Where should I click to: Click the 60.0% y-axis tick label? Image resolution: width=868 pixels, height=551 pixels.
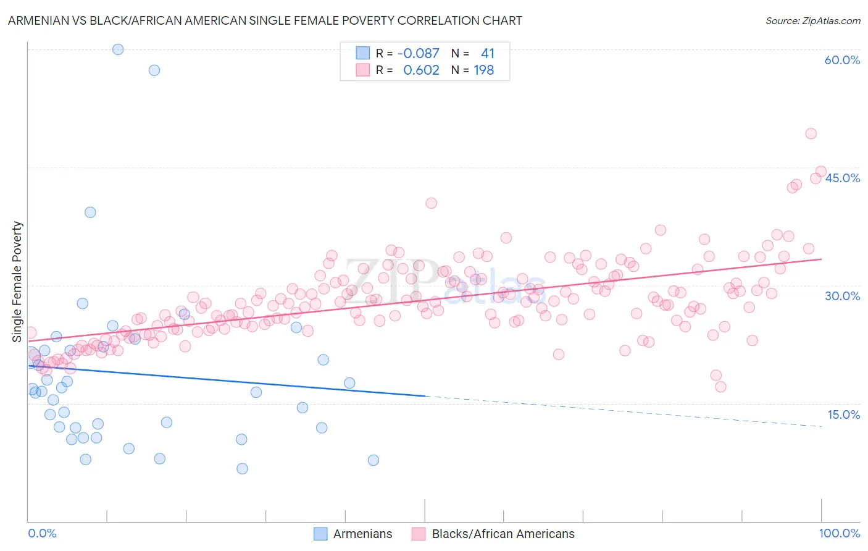[842, 60]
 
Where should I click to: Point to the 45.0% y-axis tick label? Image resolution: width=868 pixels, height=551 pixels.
[842, 178]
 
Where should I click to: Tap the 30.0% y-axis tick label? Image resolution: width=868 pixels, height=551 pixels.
[842, 296]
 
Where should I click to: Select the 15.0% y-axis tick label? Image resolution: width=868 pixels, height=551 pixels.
[842, 414]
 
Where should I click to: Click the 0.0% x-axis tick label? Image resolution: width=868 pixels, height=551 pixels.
[42, 533]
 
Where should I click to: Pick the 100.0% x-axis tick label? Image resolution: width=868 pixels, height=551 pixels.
[839, 533]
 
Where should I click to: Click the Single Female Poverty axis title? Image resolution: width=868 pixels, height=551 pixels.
[17, 282]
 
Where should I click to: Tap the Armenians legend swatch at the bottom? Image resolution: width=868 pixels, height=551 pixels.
[320, 534]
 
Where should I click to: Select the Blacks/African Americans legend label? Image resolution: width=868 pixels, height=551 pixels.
[503, 534]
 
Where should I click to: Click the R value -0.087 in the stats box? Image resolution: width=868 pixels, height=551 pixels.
[418, 53]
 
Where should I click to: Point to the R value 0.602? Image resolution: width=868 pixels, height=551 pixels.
[421, 70]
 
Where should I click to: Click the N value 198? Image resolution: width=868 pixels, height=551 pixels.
[483, 70]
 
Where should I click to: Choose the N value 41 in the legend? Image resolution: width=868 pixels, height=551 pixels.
[487, 53]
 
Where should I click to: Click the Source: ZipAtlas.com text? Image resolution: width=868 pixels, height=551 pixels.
[812, 20]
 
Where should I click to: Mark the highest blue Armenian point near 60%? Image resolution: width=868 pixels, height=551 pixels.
[118, 49]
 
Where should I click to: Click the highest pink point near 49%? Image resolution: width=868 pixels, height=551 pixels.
[811, 133]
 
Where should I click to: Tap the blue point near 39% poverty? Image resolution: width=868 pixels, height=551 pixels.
[90, 212]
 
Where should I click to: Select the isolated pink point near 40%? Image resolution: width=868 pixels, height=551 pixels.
[431, 203]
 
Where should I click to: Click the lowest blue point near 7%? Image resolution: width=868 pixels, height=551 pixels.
[242, 468]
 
